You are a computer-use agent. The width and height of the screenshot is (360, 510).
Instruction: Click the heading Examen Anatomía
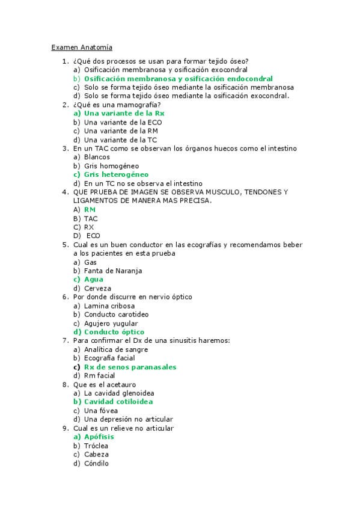82,47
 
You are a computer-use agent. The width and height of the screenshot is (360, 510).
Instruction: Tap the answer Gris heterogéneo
116,174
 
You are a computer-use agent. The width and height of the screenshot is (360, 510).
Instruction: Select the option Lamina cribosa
109,306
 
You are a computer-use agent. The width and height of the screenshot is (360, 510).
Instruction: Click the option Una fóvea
101,410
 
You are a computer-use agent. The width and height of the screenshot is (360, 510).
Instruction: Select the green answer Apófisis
99,437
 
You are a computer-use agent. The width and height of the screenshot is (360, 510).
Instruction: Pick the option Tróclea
96,446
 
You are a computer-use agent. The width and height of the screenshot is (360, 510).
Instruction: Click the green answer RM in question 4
90,209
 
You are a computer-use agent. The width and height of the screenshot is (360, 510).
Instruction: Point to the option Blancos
97,157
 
